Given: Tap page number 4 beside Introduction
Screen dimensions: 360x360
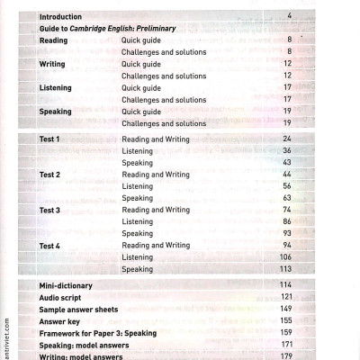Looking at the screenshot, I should (290, 16).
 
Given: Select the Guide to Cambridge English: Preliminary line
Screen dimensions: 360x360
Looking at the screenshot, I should (107, 28).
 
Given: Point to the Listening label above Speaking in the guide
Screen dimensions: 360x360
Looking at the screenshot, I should (56, 88).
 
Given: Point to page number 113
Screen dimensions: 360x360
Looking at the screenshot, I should (286, 268).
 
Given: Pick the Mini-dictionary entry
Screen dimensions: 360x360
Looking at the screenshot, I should (66, 285).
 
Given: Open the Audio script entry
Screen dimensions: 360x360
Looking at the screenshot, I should (62, 297).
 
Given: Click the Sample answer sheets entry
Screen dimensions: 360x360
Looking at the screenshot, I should (78, 309).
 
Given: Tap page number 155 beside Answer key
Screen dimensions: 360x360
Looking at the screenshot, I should (286, 320).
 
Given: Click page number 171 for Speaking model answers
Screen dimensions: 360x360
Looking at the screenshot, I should (286, 344).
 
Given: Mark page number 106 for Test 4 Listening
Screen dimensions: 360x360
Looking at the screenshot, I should (286, 256).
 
